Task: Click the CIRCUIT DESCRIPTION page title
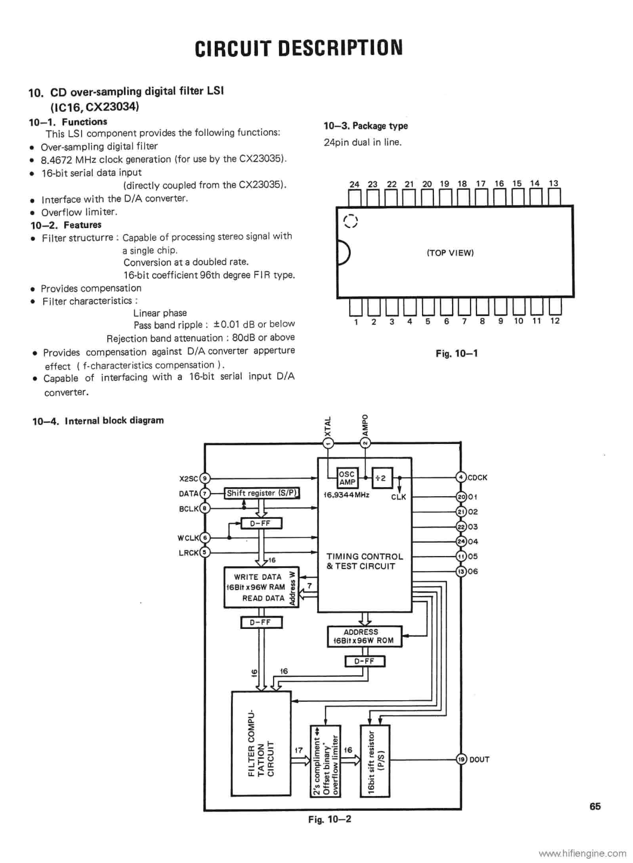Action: pos(298,47)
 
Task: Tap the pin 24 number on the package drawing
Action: pos(354,184)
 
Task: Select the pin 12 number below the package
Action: pos(555,321)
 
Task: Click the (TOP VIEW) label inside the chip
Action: pos(450,252)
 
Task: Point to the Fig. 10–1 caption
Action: pos(457,353)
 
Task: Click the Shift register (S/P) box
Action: pos(262,493)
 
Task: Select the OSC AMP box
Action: pos(347,478)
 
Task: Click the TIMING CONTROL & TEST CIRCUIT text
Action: pos(364,561)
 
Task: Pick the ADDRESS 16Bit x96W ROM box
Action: pos(364,636)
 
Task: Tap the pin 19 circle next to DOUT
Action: pos(461,759)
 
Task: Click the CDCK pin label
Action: pos(478,477)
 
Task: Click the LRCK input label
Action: pos(188,552)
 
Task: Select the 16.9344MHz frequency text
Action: pos(346,495)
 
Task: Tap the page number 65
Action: pos(595,806)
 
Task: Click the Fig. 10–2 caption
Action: pos(330,819)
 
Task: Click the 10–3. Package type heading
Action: pos(366,126)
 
